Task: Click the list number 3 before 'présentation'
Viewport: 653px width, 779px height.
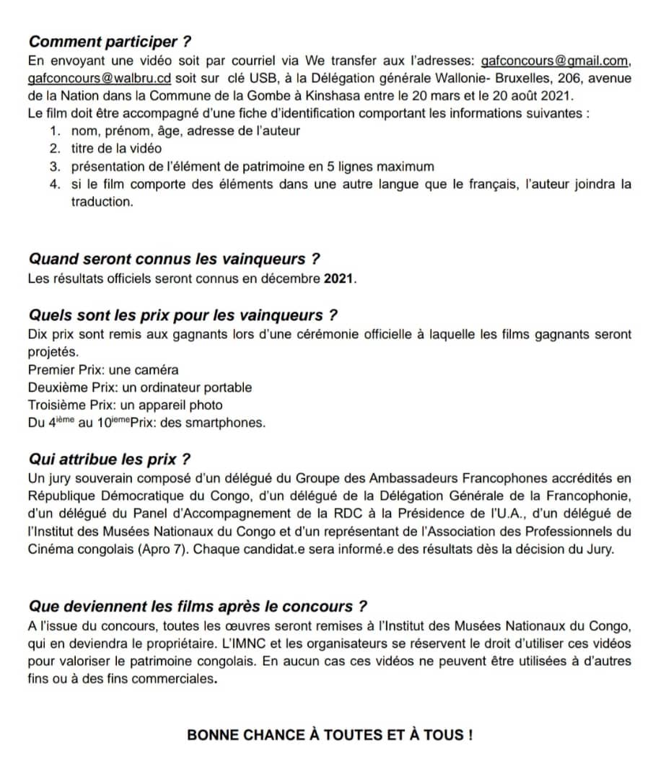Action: point(55,166)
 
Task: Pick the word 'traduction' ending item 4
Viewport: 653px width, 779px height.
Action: point(102,201)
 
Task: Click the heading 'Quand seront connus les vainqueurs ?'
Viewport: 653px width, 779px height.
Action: point(173,259)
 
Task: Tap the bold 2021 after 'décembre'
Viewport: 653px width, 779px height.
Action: point(340,278)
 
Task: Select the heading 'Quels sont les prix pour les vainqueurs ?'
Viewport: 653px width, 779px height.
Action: point(183,316)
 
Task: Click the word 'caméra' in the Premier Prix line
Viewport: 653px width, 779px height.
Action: point(154,370)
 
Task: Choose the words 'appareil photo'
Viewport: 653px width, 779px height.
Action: point(185,405)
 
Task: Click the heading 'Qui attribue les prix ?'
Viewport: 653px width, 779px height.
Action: point(109,459)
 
